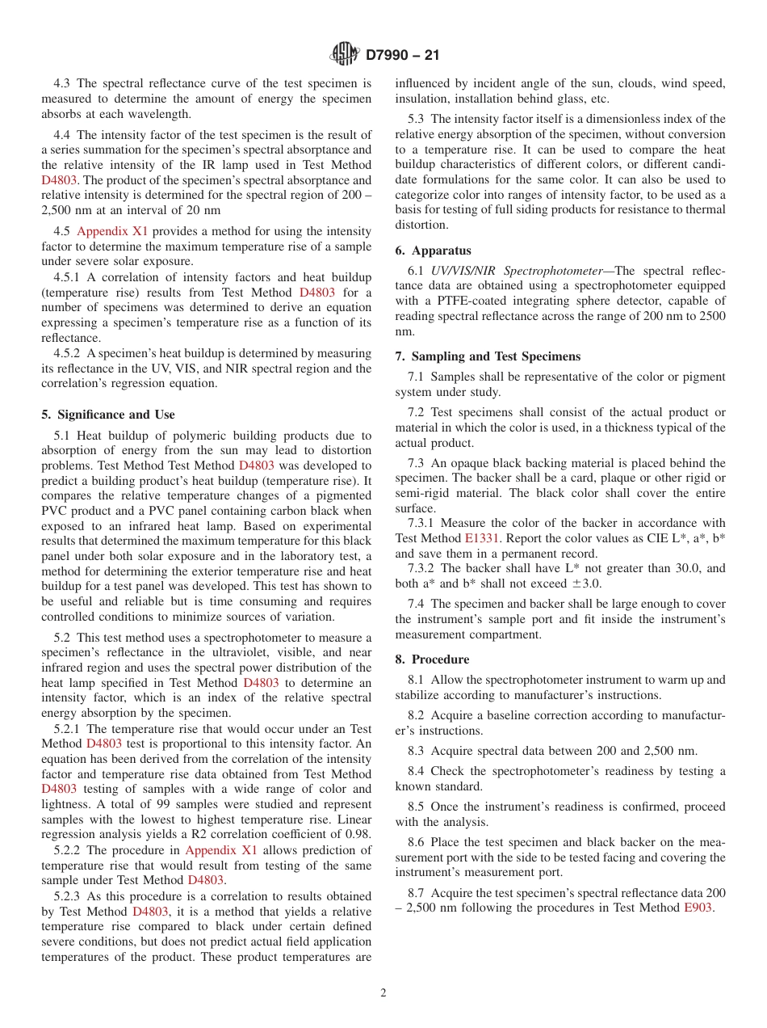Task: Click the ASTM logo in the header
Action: point(345,55)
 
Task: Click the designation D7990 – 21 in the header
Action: point(403,56)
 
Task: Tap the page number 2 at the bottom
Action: point(383,993)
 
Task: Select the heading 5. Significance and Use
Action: point(108,415)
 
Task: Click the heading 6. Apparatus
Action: point(434,251)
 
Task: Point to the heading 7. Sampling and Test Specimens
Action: point(488,356)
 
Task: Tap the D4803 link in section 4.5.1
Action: point(316,293)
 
